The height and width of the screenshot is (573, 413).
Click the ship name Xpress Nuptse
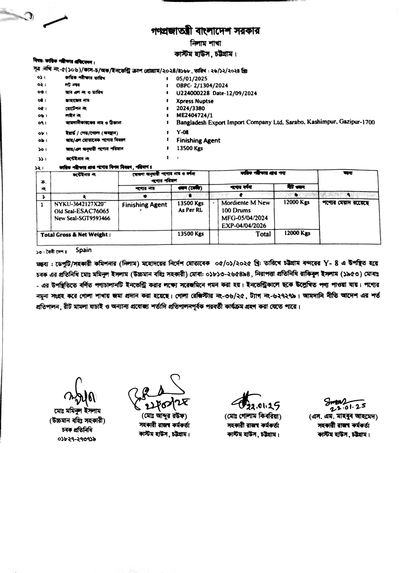coord(195,101)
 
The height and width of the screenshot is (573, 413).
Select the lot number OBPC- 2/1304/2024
coord(202,86)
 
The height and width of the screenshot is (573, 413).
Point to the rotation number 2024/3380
coord(191,108)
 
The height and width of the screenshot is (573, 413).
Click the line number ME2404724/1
coord(194,116)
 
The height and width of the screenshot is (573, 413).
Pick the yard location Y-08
coord(182,132)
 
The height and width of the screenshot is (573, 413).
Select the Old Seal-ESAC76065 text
coord(82,211)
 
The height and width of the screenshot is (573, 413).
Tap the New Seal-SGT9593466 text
coord(82,218)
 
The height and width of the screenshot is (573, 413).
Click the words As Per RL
coord(190,210)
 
